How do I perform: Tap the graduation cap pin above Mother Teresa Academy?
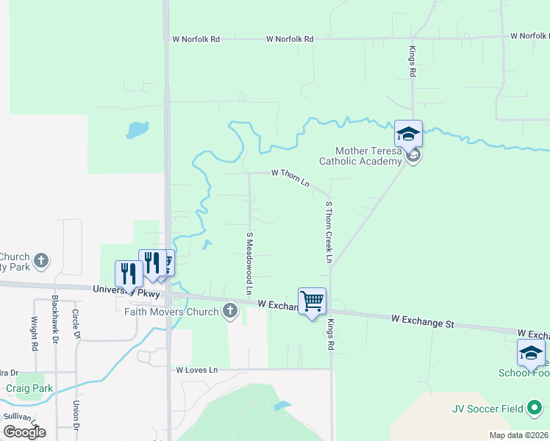(408, 135)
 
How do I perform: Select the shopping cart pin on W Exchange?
(312, 301)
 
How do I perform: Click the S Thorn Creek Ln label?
(329, 232)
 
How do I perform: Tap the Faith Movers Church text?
(172, 312)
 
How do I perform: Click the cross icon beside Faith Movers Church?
(230, 311)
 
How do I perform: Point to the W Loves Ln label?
(197, 370)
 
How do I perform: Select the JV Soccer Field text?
(488, 409)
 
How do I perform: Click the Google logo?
(24, 432)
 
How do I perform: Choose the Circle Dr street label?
(76, 324)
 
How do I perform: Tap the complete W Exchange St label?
(423, 321)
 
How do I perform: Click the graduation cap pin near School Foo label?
(531, 354)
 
